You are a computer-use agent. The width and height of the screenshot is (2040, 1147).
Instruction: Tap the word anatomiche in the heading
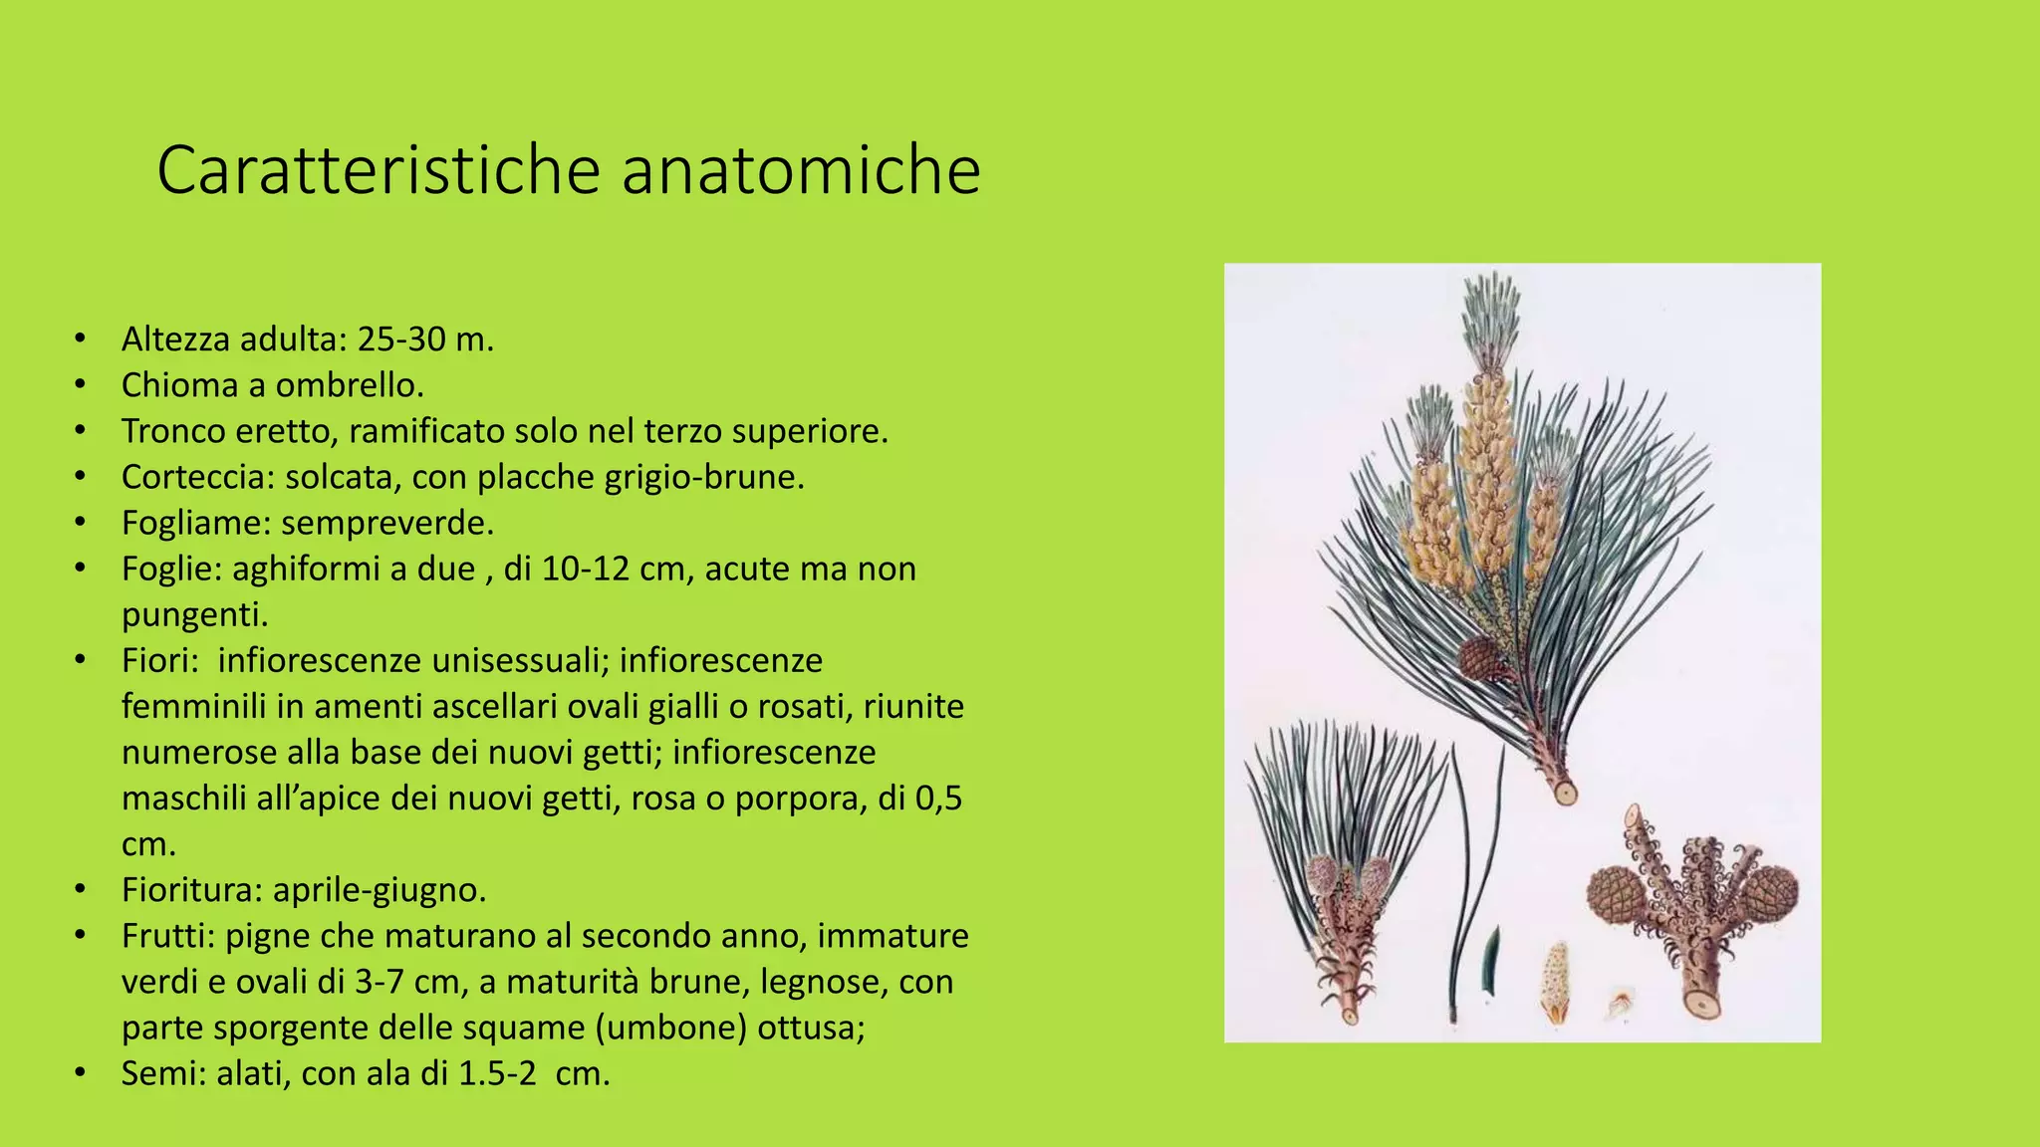click(801, 170)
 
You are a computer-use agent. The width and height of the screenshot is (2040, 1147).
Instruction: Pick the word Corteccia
click(195, 477)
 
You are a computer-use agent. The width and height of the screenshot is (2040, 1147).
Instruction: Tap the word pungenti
click(195, 614)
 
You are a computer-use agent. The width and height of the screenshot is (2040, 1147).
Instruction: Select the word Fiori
click(159, 660)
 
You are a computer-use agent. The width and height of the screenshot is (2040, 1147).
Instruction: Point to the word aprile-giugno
click(380, 889)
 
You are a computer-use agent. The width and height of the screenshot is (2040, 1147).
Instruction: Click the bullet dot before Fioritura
click(80, 889)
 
